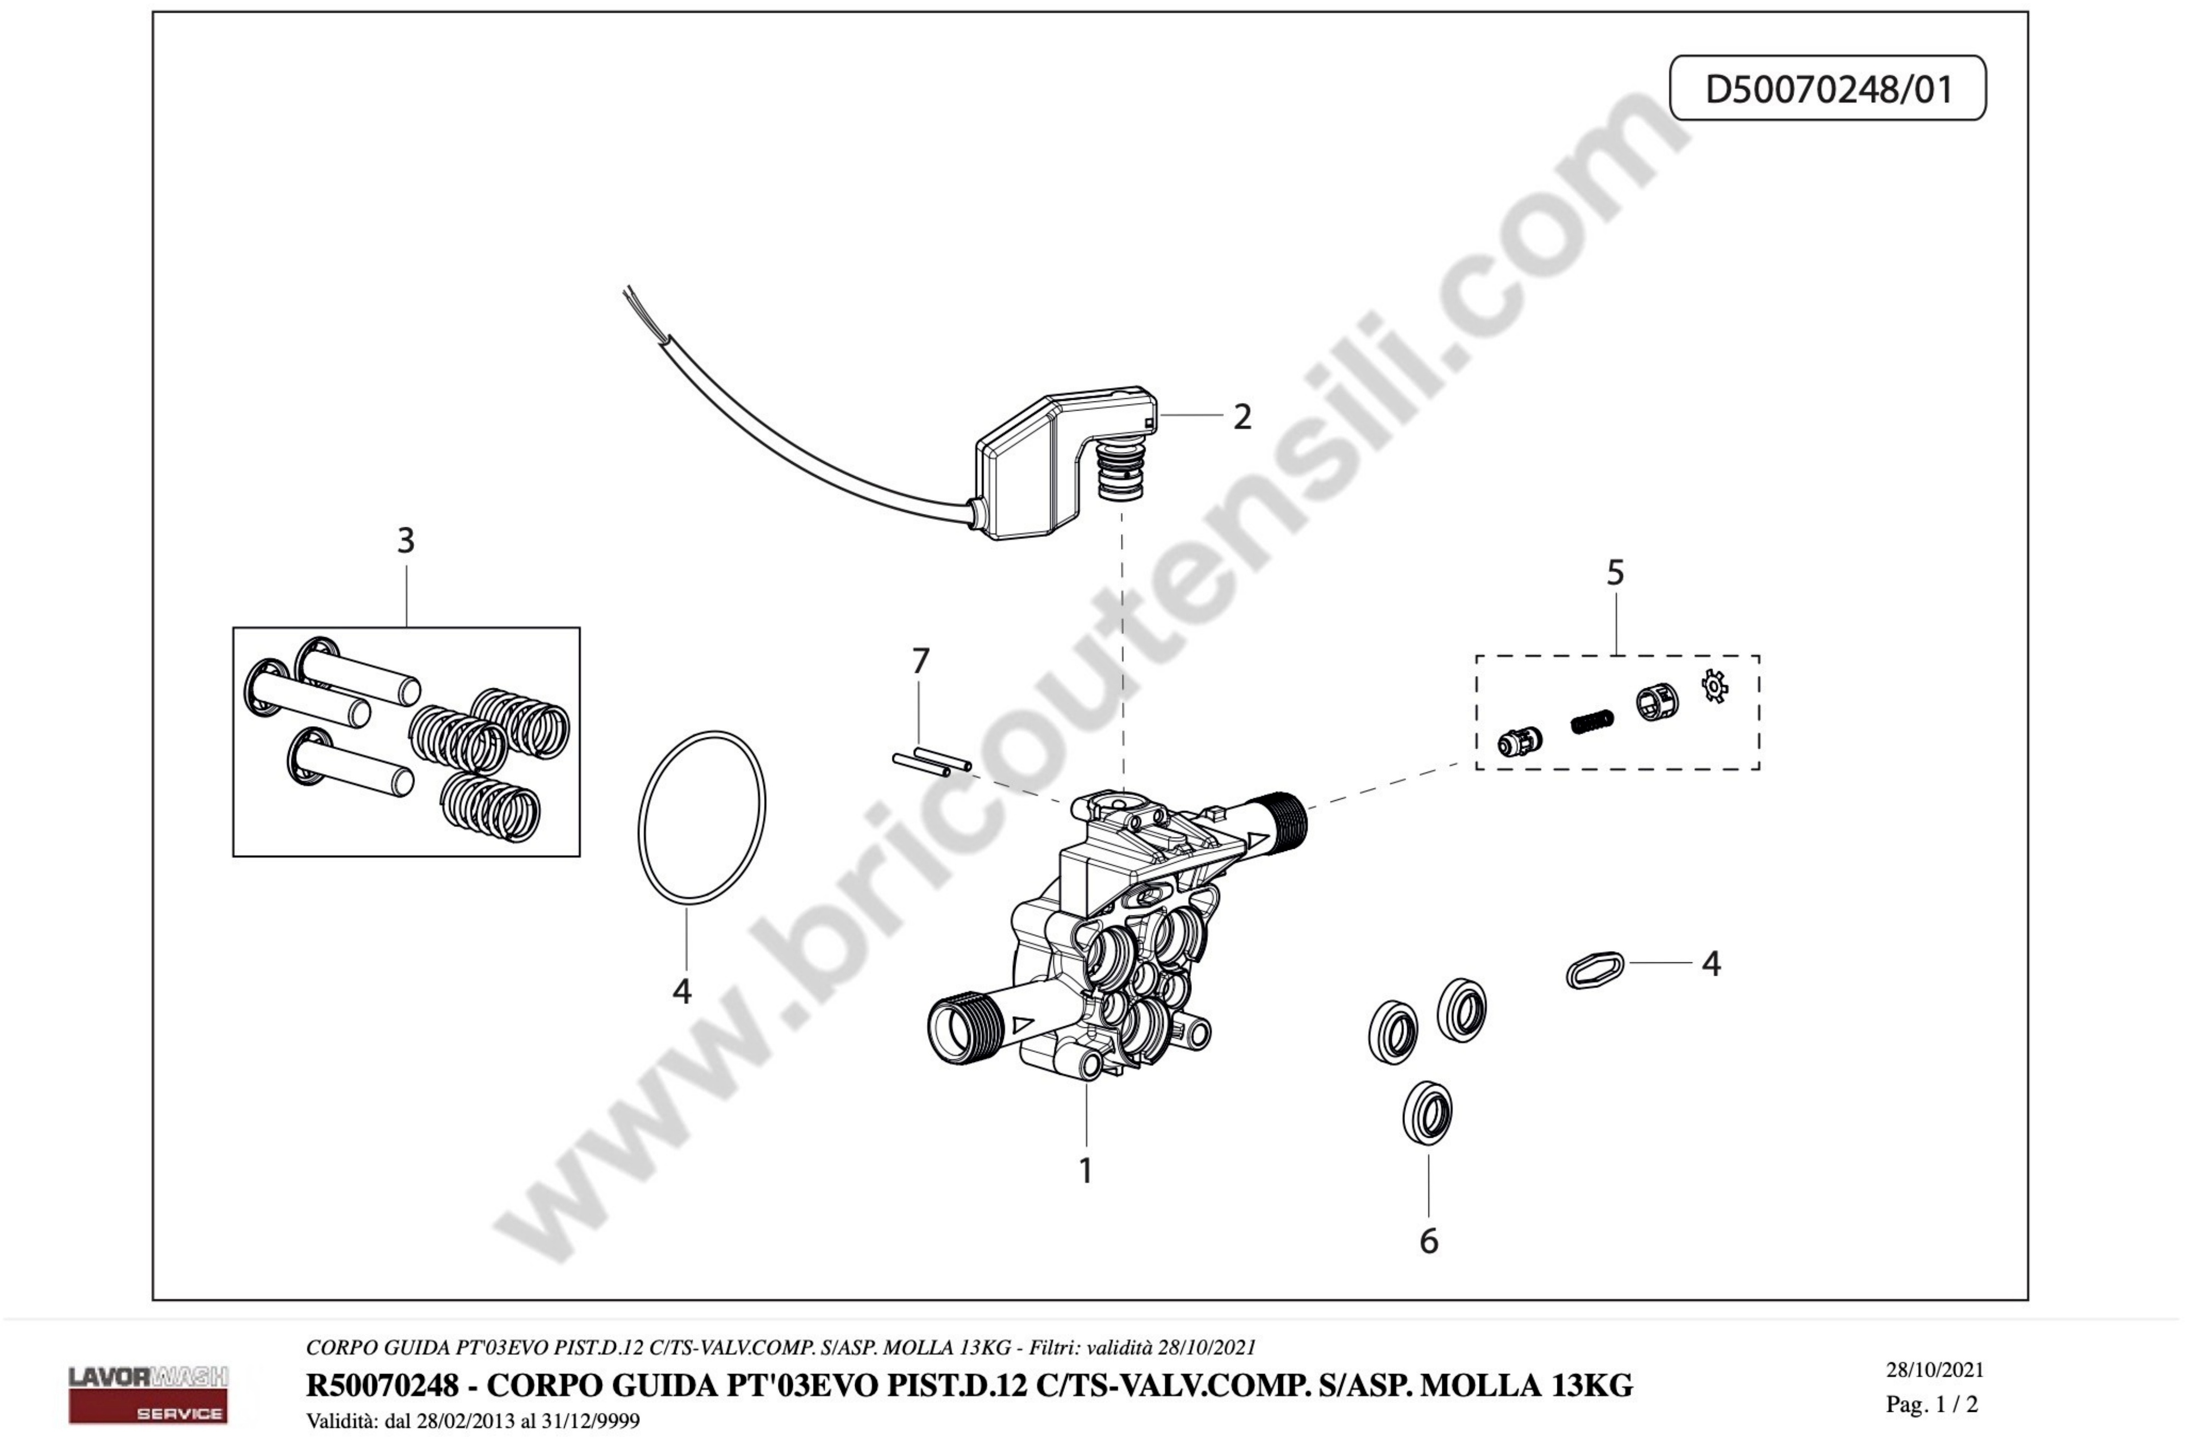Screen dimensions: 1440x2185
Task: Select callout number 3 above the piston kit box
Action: pos(405,541)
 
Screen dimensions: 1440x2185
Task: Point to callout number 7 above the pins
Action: pos(920,660)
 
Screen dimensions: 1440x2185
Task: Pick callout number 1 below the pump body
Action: pos(1085,1171)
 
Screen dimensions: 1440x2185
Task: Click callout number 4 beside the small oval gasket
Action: pos(1710,963)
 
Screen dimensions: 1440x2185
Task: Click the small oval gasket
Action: pos(1595,970)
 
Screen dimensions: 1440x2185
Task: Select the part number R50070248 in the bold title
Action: pos(381,1385)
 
